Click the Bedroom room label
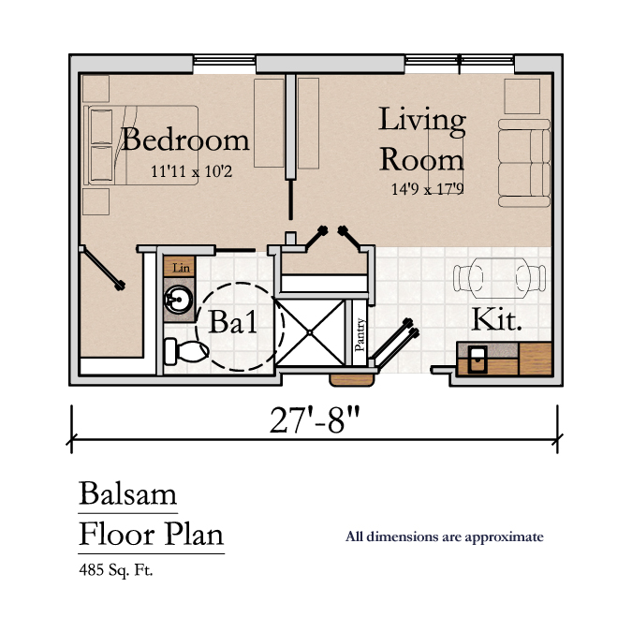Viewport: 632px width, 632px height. click(185, 140)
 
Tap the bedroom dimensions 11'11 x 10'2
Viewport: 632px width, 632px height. click(191, 171)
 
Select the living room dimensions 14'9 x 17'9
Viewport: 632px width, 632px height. click(427, 188)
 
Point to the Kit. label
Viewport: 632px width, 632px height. click(496, 319)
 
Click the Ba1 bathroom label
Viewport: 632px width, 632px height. click(232, 322)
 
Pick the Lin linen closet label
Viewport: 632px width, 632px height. click(181, 267)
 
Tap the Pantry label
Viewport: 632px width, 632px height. click(360, 334)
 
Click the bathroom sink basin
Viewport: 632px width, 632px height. click(179, 300)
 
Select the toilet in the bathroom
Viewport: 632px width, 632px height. click(186, 351)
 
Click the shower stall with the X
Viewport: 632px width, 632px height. click(310, 332)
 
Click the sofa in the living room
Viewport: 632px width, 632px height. click(524, 163)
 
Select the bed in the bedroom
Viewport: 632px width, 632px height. click(140, 145)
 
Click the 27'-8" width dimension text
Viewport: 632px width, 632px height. click(315, 420)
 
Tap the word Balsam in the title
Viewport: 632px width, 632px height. click(127, 492)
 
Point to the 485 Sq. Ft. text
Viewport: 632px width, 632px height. click(116, 570)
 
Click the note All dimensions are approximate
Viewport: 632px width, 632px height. click(445, 536)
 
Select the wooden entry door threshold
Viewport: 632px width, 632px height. click(352, 380)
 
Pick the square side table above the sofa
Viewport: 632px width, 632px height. click(522, 96)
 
